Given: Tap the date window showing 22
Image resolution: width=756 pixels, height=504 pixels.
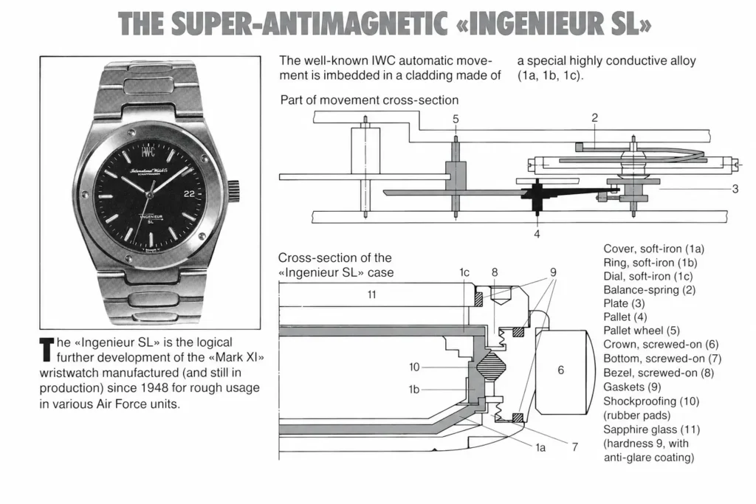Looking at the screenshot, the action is (189, 193).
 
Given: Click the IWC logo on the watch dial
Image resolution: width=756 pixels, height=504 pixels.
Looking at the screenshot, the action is (148, 152).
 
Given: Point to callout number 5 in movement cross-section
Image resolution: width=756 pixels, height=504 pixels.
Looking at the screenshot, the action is (456, 119).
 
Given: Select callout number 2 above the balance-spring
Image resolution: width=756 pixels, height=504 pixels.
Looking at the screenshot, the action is (594, 117).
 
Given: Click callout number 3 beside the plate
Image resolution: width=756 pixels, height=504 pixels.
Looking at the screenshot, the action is (735, 189).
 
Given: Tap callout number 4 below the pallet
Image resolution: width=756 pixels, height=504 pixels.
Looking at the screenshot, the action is (537, 234).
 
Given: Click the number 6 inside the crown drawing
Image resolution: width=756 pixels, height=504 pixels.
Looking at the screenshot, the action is (560, 370).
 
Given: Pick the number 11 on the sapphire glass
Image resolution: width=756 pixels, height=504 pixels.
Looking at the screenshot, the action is (371, 294).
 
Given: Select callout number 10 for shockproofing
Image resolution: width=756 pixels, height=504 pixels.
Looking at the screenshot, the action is (414, 367).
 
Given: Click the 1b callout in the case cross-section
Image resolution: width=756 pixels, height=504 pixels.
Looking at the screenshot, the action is (413, 390).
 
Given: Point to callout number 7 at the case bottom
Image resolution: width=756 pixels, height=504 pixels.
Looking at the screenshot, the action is (574, 447).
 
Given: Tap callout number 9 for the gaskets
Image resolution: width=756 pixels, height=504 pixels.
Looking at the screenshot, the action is (553, 272).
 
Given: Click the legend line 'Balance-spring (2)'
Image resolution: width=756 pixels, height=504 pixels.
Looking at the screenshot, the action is (650, 290).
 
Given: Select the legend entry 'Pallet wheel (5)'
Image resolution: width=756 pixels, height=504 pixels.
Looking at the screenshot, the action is (642, 331).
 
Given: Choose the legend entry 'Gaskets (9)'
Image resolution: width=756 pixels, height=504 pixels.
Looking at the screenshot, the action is (632, 387).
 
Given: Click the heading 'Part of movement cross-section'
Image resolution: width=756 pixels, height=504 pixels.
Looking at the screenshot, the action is (369, 100).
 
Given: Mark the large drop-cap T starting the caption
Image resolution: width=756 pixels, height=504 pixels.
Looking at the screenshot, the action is (47, 350).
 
